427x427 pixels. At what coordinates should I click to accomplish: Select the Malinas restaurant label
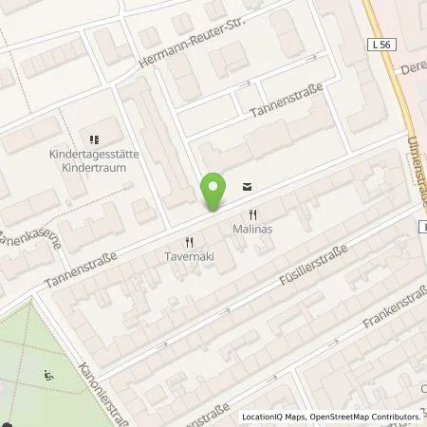251,230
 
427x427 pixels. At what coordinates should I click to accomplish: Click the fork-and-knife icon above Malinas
252,214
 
